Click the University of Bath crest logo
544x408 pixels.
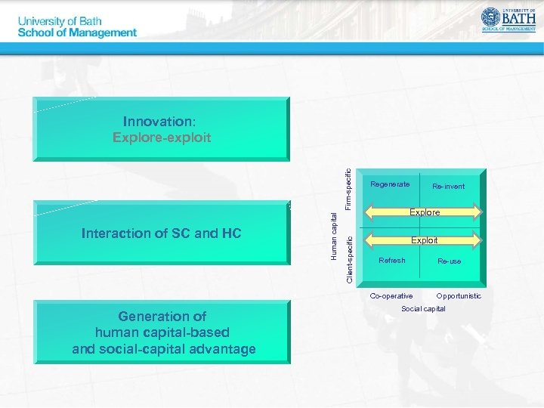pyautogui.click(x=492, y=17)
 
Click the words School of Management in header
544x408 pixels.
pyautogui.click(x=77, y=32)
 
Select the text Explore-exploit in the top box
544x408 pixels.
pyautogui.click(x=162, y=138)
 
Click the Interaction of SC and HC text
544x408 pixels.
pyautogui.click(x=161, y=233)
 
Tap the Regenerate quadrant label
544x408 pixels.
pyautogui.click(x=390, y=184)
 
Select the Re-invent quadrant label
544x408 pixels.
pyautogui.click(x=448, y=186)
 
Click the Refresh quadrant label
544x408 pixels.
pyautogui.click(x=391, y=261)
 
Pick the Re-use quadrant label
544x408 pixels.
pyautogui.click(x=449, y=261)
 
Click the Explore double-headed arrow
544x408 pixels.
pyautogui.click(x=424, y=212)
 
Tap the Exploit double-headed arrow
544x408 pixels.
pyautogui.click(x=424, y=240)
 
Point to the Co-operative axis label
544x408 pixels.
pyautogui.click(x=391, y=295)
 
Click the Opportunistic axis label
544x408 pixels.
pyautogui.click(x=459, y=295)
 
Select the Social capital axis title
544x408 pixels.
pyautogui.click(x=423, y=308)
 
